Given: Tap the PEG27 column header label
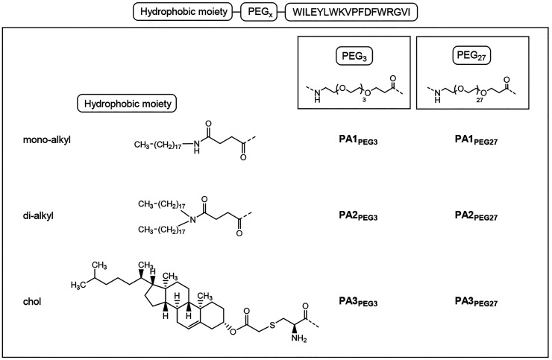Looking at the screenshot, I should pyautogui.click(x=467, y=55).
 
